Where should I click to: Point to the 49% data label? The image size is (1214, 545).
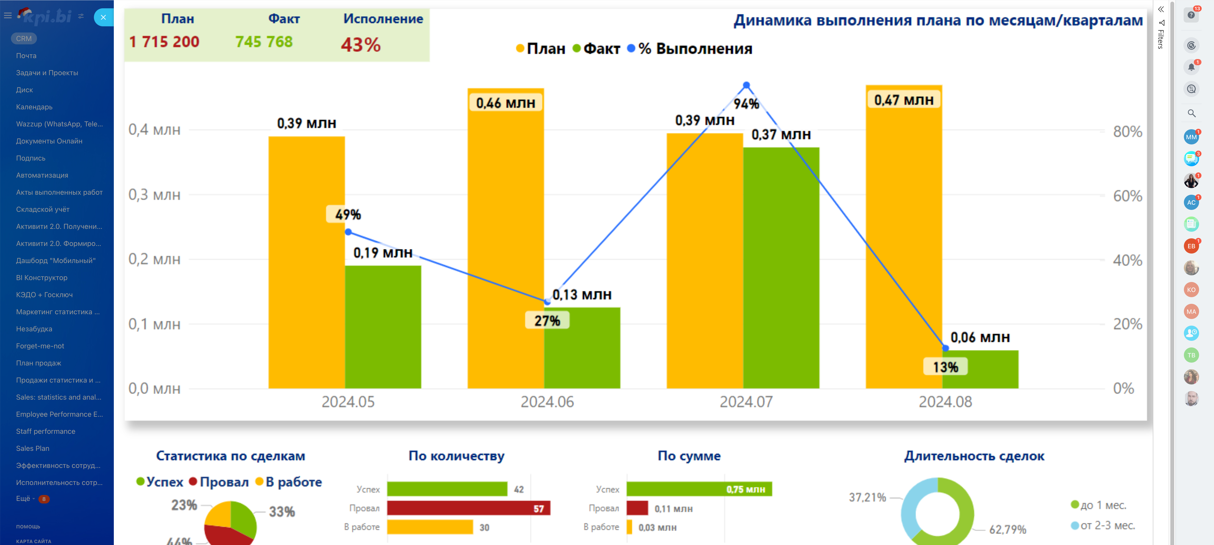[348, 214]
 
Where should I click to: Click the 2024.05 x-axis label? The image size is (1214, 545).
[348, 402]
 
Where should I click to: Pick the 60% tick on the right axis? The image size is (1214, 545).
[1127, 196]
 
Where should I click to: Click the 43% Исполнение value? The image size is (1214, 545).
[360, 45]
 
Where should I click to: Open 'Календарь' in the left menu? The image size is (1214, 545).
[34, 107]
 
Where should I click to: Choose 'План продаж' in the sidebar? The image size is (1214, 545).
[39, 363]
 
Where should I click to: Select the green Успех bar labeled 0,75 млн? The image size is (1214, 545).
[699, 489]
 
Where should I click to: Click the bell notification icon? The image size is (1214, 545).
[1191, 67]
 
